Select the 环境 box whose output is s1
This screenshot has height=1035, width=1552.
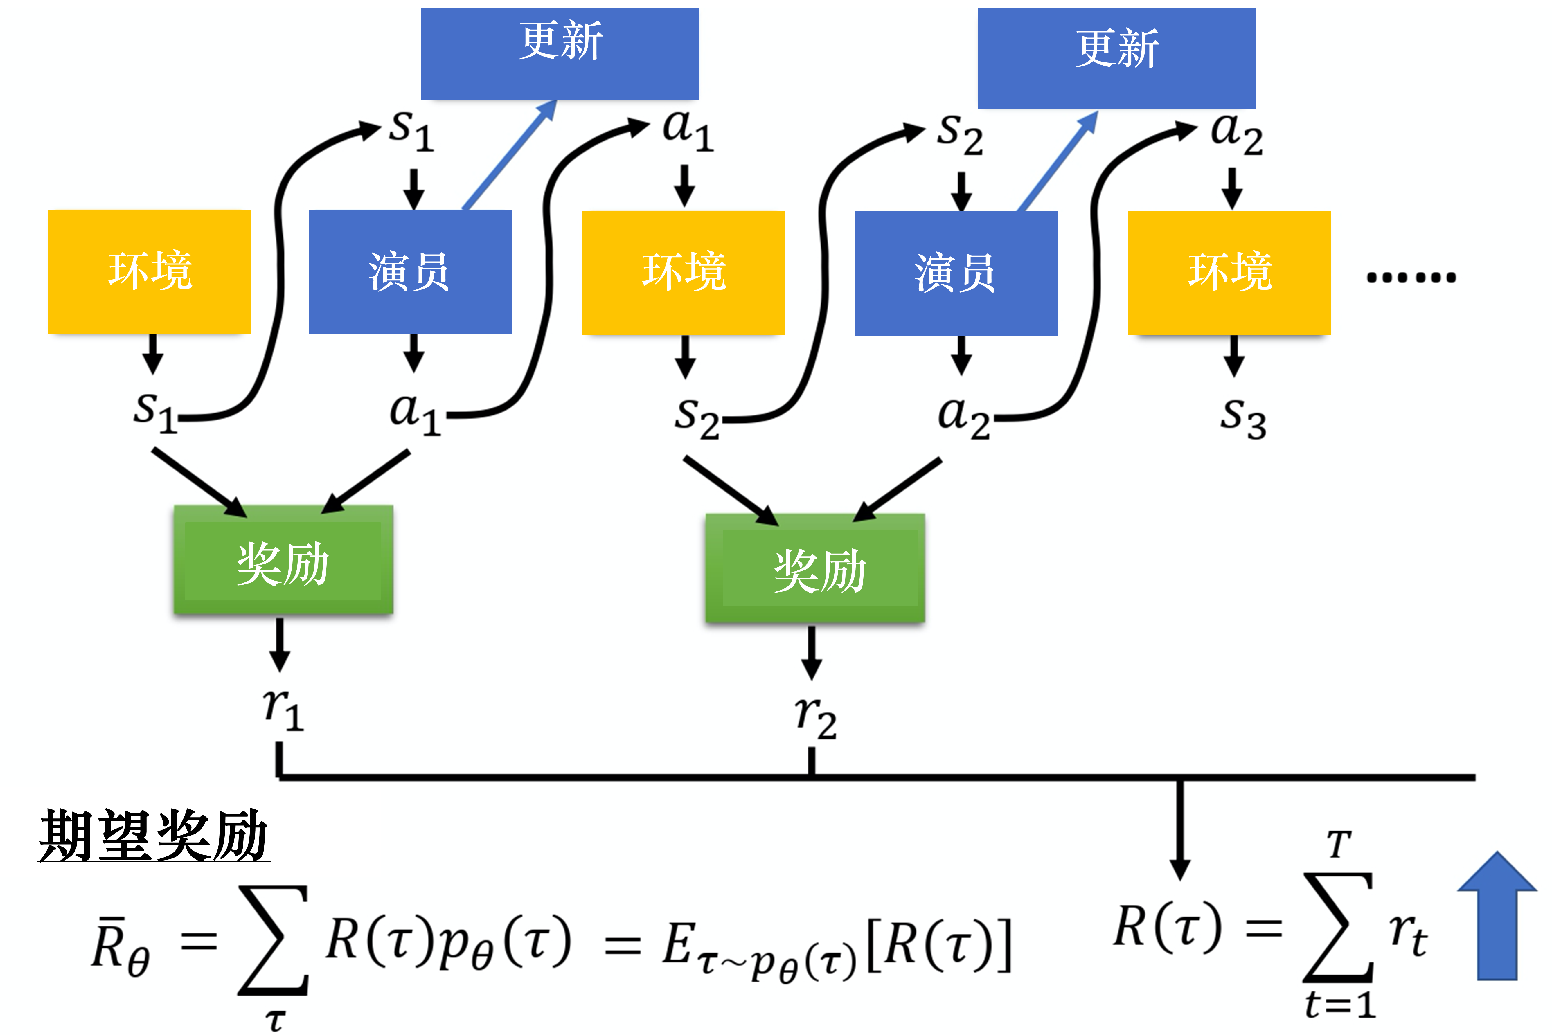(x=149, y=271)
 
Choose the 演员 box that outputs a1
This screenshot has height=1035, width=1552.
(x=410, y=271)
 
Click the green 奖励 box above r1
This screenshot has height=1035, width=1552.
(x=283, y=560)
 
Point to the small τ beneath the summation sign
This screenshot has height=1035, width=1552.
(x=275, y=1020)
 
